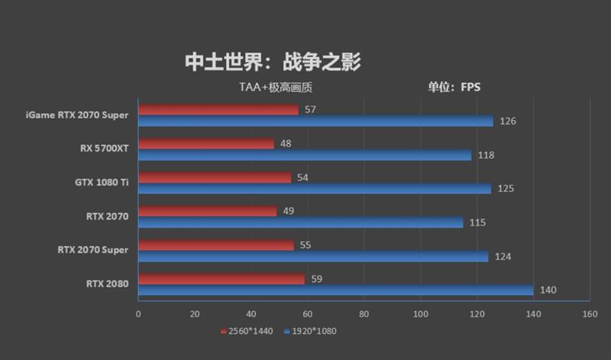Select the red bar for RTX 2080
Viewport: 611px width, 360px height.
pos(221,279)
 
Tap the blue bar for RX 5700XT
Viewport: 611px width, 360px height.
pos(305,155)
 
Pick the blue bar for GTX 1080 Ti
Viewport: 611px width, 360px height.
pos(315,188)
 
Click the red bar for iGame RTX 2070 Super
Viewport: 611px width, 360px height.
pos(218,110)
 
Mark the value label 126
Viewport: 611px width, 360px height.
pos(508,122)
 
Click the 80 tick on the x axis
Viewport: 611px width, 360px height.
pos(364,314)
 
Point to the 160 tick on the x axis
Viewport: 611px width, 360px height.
pos(589,314)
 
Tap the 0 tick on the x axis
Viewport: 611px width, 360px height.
pos(138,314)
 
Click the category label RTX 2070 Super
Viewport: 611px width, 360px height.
pos(92,250)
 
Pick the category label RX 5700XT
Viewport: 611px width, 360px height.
pos(104,148)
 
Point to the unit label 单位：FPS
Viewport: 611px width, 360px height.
pos(454,87)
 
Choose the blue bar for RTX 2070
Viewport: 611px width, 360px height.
pos(301,222)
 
